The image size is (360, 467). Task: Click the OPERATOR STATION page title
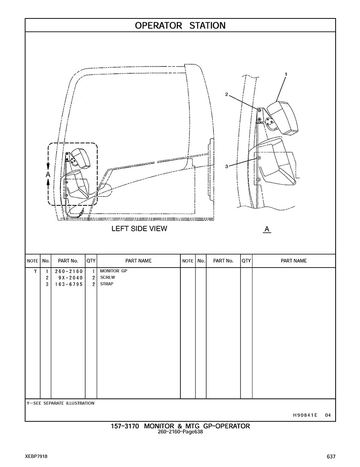pyautogui.click(x=180, y=26)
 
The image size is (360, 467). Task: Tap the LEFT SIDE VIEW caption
pyautogui.click(x=139, y=229)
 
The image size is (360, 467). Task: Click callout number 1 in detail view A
pyautogui.click(x=286, y=74)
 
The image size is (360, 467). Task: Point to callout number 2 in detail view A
pyautogui.click(x=227, y=94)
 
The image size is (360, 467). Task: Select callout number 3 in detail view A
pyautogui.click(x=227, y=166)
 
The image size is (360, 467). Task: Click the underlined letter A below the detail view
pyautogui.click(x=267, y=229)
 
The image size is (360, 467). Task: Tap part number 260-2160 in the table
pyautogui.click(x=69, y=271)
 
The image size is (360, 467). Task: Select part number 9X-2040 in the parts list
pyautogui.click(x=71, y=278)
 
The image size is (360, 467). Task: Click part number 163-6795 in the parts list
pyautogui.click(x=69, y=284)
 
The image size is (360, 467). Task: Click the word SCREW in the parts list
pyautogui.click(x=108, y=277)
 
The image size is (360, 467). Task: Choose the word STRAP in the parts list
pyautogui.click(x=107, y=284)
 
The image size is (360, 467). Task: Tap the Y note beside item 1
pyautogui.click(x=36, y=271)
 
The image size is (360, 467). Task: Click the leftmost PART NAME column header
pyautogui.click(x=138, y=261)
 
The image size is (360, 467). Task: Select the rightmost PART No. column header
pyautogui.click(x=223, y=261)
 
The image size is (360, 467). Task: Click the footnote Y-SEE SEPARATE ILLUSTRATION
pyautogui.click(x=60, y=403)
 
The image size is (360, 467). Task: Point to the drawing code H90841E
pyautogui.click(x=305, y=415)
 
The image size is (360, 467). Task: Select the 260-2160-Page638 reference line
pyautogui.click(x=180, y=432)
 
